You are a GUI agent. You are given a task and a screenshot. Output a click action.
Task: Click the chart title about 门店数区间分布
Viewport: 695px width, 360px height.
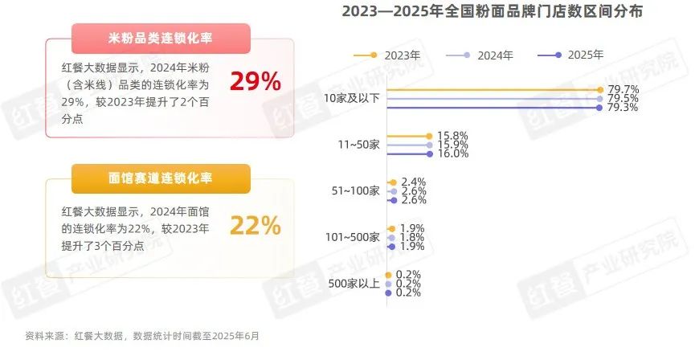[493, 12]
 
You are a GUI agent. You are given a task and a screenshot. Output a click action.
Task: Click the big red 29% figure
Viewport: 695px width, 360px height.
[255, 81]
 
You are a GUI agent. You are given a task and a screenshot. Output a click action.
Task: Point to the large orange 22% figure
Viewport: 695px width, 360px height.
[255, 227]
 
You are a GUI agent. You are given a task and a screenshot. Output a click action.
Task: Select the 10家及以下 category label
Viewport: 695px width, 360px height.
[357, 99]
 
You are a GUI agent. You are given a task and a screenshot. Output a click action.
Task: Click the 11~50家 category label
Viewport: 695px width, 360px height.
[361, 145]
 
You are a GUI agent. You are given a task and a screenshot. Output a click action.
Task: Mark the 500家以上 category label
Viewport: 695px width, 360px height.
[354, 284]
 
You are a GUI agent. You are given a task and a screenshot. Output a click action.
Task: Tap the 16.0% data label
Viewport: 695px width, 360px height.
[452, 153]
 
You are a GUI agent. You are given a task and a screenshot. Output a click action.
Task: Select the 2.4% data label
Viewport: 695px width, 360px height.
[411, 182]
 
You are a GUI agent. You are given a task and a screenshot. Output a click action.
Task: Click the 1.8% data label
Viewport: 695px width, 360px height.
[411, 238]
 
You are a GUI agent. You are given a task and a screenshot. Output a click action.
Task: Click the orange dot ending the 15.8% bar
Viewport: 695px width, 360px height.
[430, 137]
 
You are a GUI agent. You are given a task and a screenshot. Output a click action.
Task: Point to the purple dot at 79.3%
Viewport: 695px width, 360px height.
[599, 108]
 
